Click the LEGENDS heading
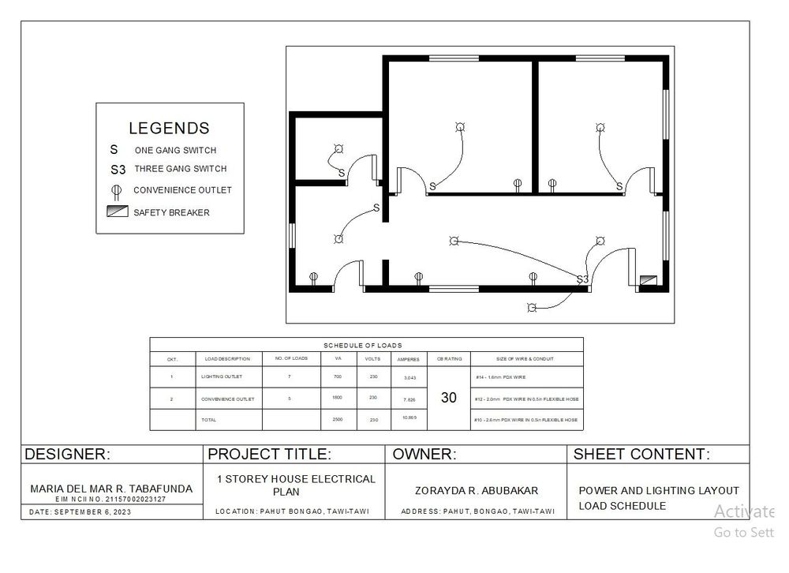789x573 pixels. (169, 128)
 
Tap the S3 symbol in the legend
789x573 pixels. (118, 169)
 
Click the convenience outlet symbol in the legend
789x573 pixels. (116, 190)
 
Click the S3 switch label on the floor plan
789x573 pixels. (582, 279)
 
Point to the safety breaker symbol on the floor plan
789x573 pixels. (649, 279)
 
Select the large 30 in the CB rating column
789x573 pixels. (448, 398)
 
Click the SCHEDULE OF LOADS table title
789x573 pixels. (363, 346)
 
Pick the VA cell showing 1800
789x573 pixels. (337, 398)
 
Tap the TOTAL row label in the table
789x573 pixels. (209, 420)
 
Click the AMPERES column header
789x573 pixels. (407, 359)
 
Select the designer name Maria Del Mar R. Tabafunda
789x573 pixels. (111, 489)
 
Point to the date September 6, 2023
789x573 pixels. (80, 512)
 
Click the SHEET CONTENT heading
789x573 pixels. (641, 455)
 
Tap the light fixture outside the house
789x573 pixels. (531, 307)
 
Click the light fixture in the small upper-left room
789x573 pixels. (338, 148)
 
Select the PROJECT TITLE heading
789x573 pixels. (268, 455)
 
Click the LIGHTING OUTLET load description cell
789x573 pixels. (222, 377)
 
